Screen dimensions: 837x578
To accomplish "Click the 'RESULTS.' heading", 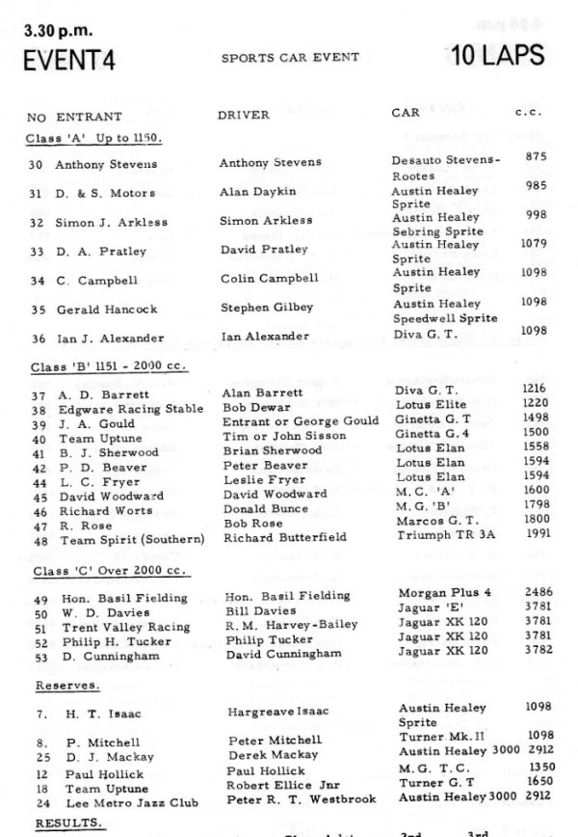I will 66,823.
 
